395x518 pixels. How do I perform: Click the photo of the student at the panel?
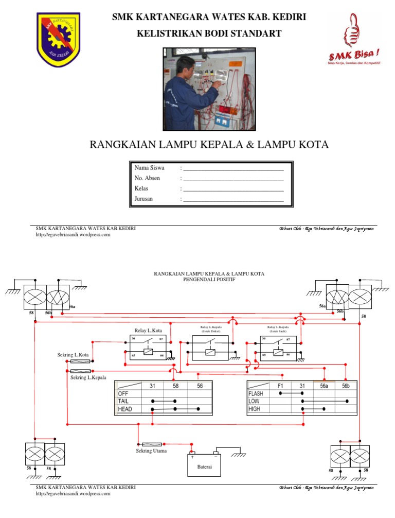click(209, 90)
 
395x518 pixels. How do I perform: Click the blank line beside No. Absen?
click(234, 179)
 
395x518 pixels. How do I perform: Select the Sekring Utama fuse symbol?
click(152, 444)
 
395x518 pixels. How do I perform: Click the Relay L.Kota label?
click(148, 330)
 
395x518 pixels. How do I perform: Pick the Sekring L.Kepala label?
click(88, 377)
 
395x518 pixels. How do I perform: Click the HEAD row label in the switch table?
click(125, 409)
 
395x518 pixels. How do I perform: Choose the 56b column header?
click(345, 385)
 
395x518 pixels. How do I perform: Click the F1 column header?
click(280, 385)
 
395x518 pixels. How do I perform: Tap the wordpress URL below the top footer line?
click(73, 235)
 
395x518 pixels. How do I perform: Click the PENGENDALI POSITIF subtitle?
click(209, 280)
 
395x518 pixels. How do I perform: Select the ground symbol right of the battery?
click(238, 455)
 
